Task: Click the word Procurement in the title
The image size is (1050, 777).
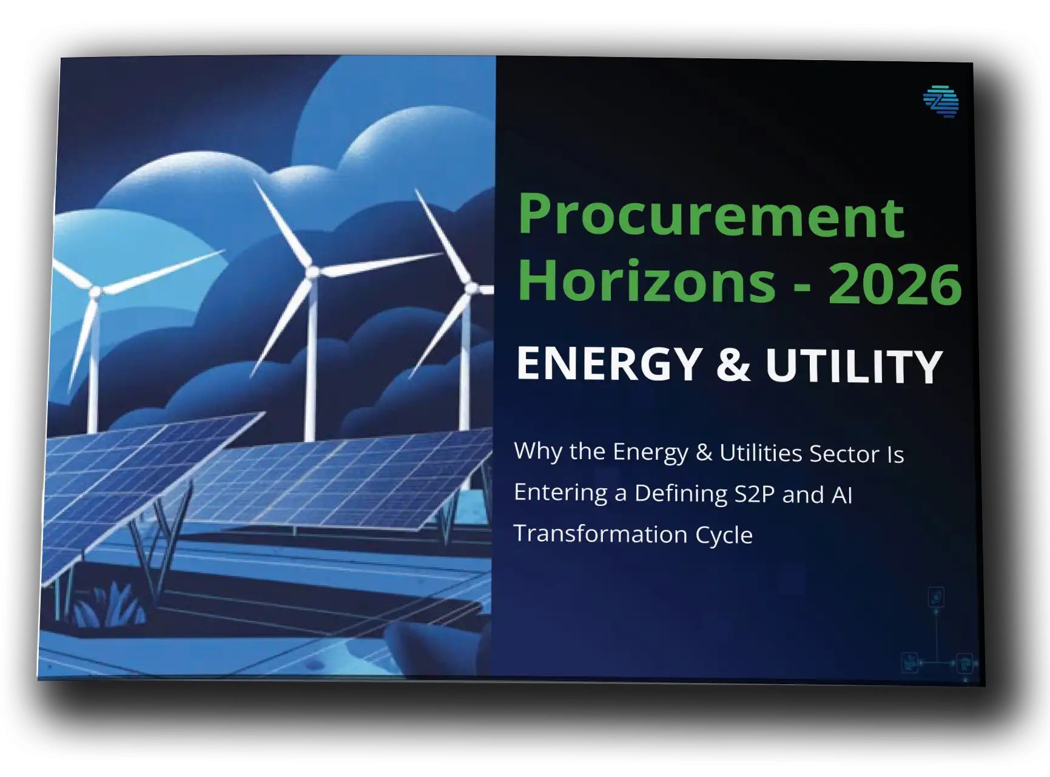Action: pos(711,218)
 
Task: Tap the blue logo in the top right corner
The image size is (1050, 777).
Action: pos(941,101)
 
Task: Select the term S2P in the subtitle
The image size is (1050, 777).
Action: pos(754,494)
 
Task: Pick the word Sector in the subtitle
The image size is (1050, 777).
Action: pos(844,454)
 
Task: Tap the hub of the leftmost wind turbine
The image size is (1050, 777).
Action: pos(95,292)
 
